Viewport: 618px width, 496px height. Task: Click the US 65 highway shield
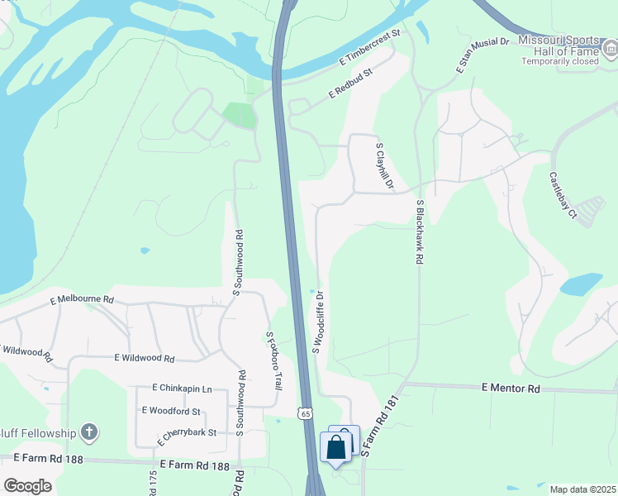click(306, 413)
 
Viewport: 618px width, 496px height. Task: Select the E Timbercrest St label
click(368, 50)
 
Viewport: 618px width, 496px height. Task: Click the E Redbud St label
click(351, 83)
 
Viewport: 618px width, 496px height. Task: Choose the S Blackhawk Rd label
click(420, 231)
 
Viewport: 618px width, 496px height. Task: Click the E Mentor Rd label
click(511, 388)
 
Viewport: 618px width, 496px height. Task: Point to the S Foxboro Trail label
click(273, 363)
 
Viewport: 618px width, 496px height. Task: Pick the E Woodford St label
click(171, 410)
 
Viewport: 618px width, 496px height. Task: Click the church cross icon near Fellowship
click(90, 432)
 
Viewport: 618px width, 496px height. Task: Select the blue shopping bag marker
click(338, 447)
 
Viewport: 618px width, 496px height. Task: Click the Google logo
click(27, 486)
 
